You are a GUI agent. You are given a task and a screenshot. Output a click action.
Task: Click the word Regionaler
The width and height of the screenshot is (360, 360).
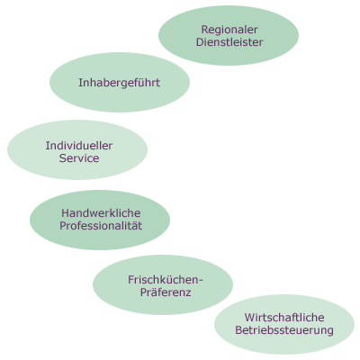[x=229, y=30]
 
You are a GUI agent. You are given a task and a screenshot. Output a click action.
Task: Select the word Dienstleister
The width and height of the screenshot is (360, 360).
[x=229, y=42]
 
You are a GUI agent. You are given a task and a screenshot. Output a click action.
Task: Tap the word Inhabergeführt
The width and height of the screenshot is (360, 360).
[x=120, y=83]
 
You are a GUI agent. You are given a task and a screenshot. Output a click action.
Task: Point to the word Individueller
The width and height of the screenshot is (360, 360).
[x=79, y=146]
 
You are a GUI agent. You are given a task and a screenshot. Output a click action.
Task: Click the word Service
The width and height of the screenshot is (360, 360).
[x=79, y=158]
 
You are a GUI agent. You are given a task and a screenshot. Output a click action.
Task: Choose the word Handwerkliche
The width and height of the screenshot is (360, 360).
[x=101, y=213]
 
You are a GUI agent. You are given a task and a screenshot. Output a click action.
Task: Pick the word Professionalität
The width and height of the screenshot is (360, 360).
[x=101, y=226]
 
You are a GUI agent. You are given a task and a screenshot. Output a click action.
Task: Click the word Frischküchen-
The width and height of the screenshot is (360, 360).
[x=166, y=280]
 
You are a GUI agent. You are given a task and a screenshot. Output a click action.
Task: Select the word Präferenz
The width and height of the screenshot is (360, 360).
[x=166, y=292]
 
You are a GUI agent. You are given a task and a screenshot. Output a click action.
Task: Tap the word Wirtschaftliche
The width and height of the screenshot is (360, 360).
[x=284, y=318]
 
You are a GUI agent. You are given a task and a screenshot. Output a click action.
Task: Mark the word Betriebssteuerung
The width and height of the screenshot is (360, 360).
[x=284, y=330]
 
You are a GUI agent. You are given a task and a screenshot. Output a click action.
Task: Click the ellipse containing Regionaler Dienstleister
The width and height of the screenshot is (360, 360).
[x=229, y=35]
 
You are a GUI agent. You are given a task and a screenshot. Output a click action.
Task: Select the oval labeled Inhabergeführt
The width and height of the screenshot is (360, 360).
[x=120, y=83]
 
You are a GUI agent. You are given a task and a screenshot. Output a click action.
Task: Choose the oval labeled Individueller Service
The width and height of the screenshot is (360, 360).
[x=77, y=150]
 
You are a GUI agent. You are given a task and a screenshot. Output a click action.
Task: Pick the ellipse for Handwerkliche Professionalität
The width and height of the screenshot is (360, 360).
[x=100, y=220]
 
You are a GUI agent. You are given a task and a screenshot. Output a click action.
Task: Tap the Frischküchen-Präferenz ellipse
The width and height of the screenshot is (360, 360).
[x=163, y=284]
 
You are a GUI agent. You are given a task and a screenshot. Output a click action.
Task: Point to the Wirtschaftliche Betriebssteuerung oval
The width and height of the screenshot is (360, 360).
[x=284, y=324]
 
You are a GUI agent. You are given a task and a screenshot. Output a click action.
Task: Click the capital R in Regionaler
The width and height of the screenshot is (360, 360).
[x=205, y=30]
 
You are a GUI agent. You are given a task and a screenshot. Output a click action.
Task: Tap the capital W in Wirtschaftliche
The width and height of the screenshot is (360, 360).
[x=249, y=318]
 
